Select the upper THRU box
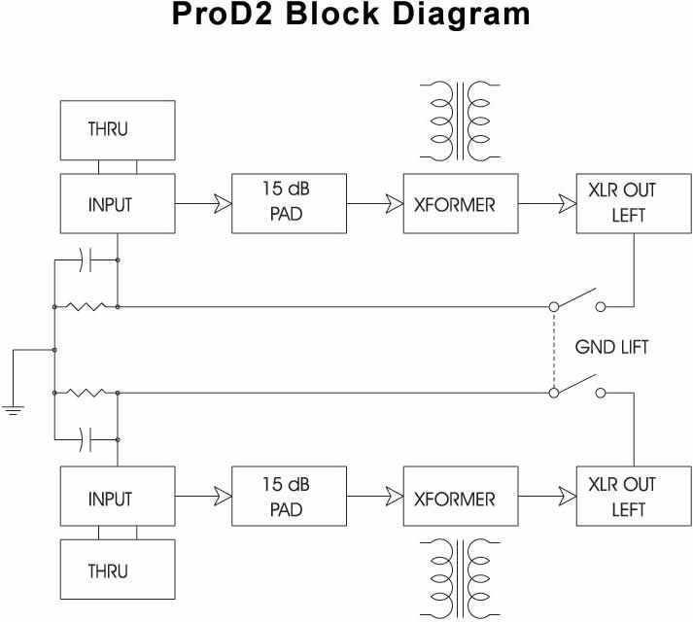click(x=108, y=129)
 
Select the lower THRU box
click(x=108, y=569)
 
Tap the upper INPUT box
click(x=108, y=204)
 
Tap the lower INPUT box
click(x=108, y=499)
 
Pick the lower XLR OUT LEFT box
click(x=623, y=496)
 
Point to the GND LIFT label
click(x=611, y=347)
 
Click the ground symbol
click(x=13, y=408)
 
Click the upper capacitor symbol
click(x=87, y=260)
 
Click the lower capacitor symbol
click(x=87, y=439)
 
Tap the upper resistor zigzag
click(x=87, y=306)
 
